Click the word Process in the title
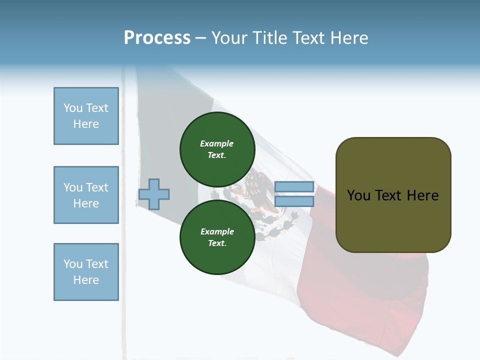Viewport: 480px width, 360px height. pos(157,37)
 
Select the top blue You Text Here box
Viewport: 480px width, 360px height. pos(86,116)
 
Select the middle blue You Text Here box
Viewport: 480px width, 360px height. pos(86,195)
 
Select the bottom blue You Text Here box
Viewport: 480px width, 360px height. pos(86,272)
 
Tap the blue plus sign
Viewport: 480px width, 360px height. pos(154,194)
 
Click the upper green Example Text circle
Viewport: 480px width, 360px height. pos(217,149)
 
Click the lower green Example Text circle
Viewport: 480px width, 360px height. pos(217,237)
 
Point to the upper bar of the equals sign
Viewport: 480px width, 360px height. pos(294,187)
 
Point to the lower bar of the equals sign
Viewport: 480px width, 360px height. pos(294,201)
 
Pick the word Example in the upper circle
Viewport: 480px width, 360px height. pos(217,143)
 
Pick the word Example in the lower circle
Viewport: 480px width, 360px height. pos(217,231)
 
